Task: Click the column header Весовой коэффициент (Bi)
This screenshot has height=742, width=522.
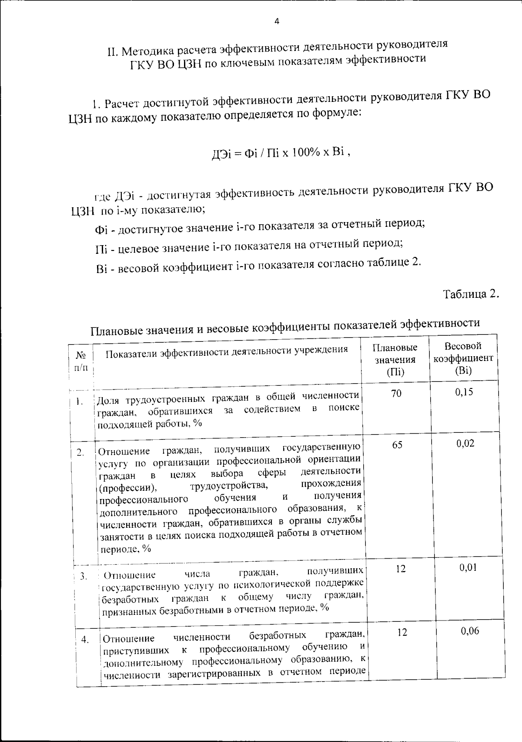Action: pos(463,358)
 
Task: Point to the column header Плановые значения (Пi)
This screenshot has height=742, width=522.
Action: pos(395,360)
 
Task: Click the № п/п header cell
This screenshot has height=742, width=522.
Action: pos(81,361)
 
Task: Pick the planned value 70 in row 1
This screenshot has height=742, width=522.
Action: pos(396,394)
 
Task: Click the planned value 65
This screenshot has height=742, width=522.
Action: pos(397,445)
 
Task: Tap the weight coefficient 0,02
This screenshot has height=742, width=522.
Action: pos(465,444)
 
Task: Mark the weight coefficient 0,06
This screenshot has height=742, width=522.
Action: pos(470,631)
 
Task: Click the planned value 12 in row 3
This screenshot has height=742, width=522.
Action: pos(401,569)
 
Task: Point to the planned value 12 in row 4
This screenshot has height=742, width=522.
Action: pos(402,632)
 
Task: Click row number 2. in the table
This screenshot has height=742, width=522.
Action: pos(80,452)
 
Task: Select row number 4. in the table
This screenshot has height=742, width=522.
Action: pos(85,639)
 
